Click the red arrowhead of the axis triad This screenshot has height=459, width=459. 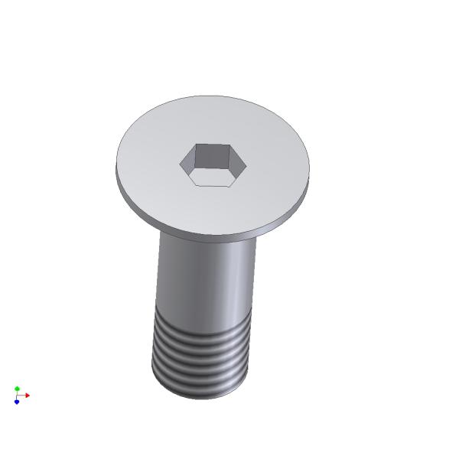pyautogui.click(x=27, y=396)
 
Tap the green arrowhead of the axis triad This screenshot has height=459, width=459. pyautogui.click(x=17, y=389)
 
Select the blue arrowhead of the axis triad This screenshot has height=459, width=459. pyautogui.click(x=16, y=402)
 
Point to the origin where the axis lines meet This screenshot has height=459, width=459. pyautogui.click(x=17, y=396)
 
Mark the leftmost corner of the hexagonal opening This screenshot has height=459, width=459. pyautogui.click(x=181, y=162)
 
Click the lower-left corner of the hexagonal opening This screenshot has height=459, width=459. pyautogui.click(x=192, y=184)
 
